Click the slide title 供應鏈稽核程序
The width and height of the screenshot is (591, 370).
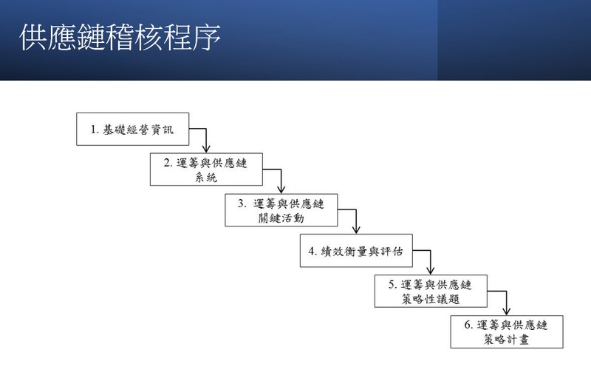coord(120,37)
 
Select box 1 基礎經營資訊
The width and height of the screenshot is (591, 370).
coord(133,129)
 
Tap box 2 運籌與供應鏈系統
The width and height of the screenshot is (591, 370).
coord(206,169)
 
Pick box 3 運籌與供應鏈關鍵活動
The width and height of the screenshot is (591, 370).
coord(281,210)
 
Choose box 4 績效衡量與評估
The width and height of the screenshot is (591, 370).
coord(356,251)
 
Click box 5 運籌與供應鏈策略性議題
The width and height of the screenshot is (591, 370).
coord(431,291)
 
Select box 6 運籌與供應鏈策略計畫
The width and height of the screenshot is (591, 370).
coord(507,332)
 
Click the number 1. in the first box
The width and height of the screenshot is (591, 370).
coord(95,129)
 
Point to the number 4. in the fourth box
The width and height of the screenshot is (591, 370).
coord(312,251)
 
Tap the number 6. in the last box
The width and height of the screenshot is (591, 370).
coord(468,325)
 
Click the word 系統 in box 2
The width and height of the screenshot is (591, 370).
coord(206,177)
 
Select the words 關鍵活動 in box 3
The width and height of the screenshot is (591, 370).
coord(281,218)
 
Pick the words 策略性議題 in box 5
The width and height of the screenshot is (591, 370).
coord(431,299)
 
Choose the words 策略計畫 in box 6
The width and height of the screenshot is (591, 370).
coord(507,340)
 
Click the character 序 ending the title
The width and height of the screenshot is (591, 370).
coord(207,37)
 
